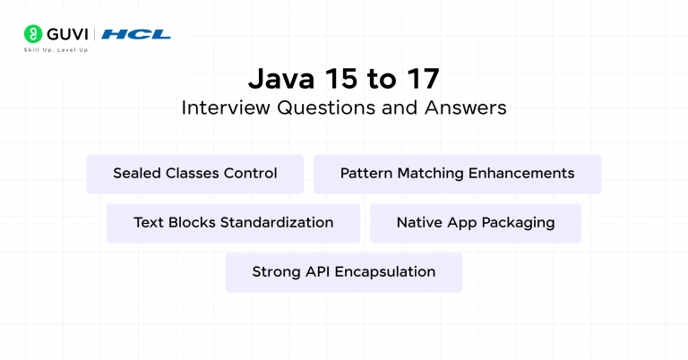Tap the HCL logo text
136,34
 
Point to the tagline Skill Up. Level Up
56,50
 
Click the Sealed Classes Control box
195,174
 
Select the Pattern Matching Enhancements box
457,174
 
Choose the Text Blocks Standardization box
234,223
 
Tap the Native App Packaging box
476,223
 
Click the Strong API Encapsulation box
344,272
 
